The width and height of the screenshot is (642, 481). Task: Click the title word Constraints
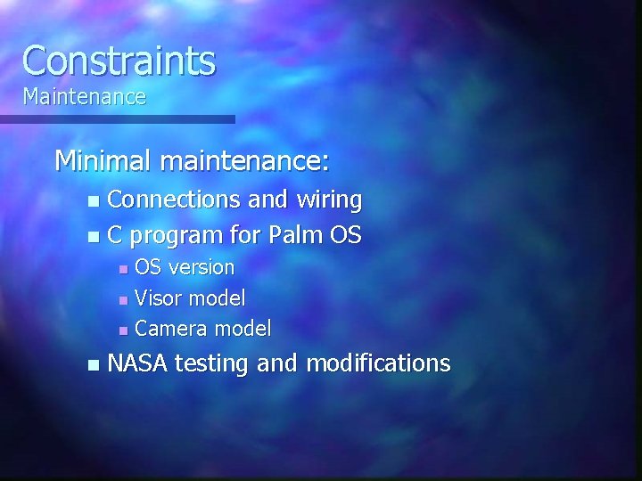tap(119, 61)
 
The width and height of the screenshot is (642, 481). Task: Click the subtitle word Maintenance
tap(84, 96)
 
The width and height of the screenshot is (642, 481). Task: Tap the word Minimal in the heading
tap(103, 161)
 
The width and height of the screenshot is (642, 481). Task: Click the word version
tap(202, 267)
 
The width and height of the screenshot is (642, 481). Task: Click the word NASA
tap(138, 363)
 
